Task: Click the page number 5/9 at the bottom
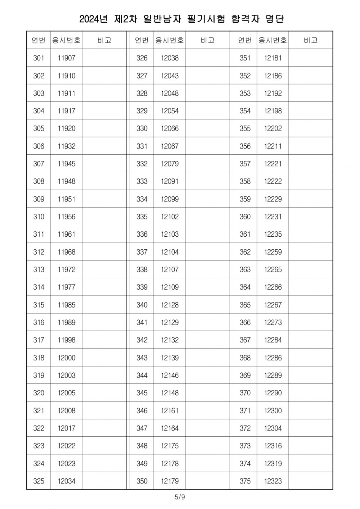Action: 180,497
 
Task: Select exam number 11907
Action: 67,58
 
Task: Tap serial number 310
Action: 39,217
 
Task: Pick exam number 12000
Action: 67,358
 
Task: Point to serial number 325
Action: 39,481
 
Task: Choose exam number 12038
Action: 170,58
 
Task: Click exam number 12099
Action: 170,199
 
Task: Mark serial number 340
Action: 142,305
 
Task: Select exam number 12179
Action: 170,481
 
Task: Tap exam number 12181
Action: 273,58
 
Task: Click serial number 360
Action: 245,217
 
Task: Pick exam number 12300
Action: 273,410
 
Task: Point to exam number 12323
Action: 273,481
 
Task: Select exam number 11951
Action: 67,199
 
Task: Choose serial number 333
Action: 142,181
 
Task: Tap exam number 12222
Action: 273,181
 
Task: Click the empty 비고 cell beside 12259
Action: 310,252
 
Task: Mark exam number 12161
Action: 170,410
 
